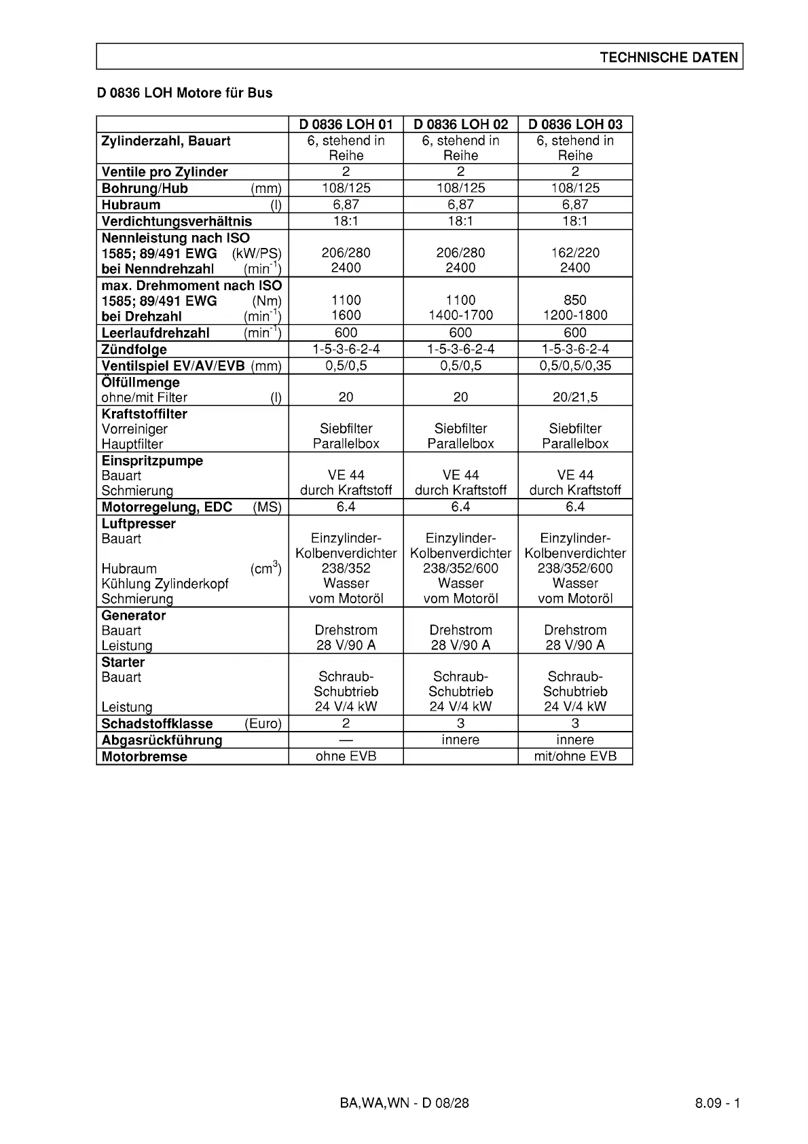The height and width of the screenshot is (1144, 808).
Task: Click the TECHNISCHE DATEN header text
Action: click(x=668, y=57)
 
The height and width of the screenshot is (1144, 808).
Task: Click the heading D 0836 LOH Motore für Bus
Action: click(x=185, y=93)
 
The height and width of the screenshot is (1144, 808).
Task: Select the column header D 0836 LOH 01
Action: click(x=346, y=124)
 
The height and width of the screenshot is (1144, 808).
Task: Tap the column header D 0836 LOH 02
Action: click(x=460, y=124)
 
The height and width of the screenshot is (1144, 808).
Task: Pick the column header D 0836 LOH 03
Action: click(x=575, y=124)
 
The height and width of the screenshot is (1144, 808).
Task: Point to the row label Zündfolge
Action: click(x=134, y=350)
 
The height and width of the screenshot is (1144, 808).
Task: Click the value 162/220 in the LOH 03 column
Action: click(x=575, y=253)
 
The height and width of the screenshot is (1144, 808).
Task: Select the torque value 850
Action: click(x=575, y=300)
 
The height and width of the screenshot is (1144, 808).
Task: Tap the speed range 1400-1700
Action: click(x=460, y=315)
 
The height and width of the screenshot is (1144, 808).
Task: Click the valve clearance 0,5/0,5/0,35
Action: click(x=575, y=365)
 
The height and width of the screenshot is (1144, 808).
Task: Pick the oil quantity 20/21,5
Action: click(x=575, y=397)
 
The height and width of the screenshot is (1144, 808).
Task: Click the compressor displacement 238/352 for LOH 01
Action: click(x=346, y=568)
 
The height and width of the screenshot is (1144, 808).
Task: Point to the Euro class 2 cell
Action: click(x=346, y=723)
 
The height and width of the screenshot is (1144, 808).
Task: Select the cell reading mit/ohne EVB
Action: click(x=575, y=756)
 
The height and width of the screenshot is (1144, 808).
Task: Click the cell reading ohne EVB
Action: click(x=346, y=756)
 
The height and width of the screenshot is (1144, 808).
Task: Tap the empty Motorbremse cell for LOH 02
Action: click(x=460, y=756)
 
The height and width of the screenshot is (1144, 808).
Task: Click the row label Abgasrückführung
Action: click(x=162, y=740)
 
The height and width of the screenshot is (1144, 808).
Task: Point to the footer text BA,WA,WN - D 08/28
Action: click(x=404, y=1103)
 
